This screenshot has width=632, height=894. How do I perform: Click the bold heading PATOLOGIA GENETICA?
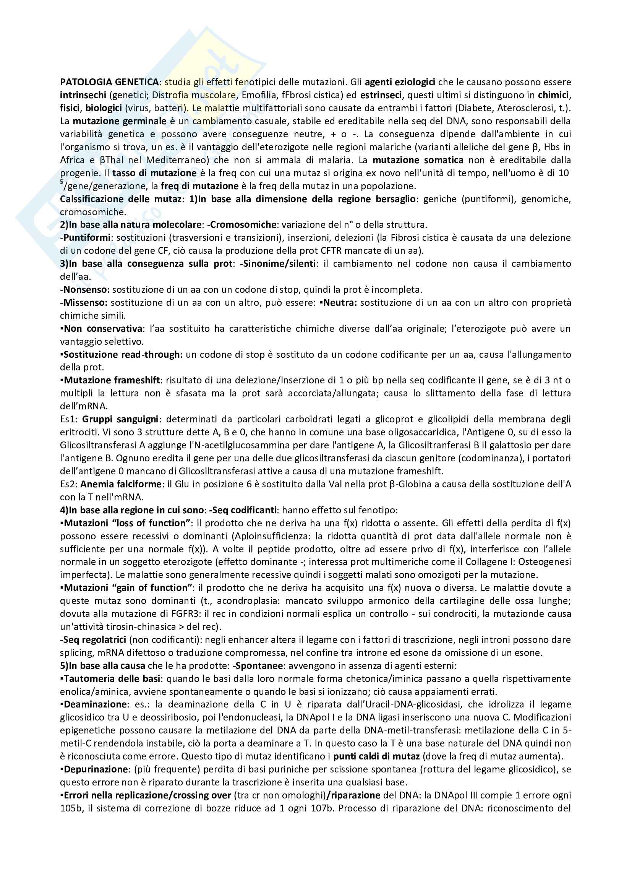point(109,82)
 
